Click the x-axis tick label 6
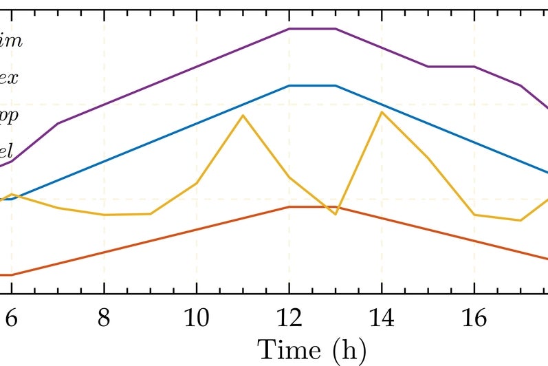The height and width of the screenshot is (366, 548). coord(11,319)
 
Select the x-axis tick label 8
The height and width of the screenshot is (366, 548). coord(104,319)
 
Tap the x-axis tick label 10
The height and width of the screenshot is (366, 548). coord(197,319)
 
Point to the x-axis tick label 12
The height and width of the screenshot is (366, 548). coord(289,319)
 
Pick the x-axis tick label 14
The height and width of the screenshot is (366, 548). coord(382,319)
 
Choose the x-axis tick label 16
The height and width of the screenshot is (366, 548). coord(474,319)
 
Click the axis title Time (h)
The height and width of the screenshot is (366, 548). coord(311,349)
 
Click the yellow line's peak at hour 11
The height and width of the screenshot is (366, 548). coord(243,115)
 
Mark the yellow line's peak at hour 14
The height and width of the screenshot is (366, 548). coord(382,111)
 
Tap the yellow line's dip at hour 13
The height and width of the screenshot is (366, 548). coord(336,215)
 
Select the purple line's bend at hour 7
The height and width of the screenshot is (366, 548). coord(58,123)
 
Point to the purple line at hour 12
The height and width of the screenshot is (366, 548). coord(289,29)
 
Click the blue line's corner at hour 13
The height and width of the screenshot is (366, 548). coord(336,85)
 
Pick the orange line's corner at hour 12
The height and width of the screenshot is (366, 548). coord(289,206)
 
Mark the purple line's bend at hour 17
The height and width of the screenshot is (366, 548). coord(520,85)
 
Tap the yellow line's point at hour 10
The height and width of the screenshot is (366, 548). coord(197,183)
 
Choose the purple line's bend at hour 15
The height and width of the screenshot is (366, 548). coord(428,67)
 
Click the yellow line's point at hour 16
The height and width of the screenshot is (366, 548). coord(474,215)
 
